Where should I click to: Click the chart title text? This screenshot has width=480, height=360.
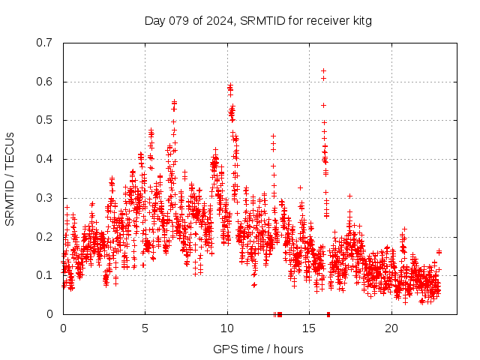(258, 20)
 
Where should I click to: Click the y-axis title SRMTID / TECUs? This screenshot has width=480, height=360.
(10, 178)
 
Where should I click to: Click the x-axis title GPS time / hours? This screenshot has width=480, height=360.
(258, 349)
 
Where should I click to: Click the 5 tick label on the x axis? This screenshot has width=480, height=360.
(145, 328)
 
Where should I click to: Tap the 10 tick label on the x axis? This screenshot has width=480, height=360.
(227, 328)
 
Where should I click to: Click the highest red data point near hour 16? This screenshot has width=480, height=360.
(323, 71)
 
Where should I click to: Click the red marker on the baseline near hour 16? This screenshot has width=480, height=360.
(328, 314)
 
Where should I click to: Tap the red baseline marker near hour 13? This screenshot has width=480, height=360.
(279, 314)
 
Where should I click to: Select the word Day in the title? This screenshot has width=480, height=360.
(154, 20)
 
